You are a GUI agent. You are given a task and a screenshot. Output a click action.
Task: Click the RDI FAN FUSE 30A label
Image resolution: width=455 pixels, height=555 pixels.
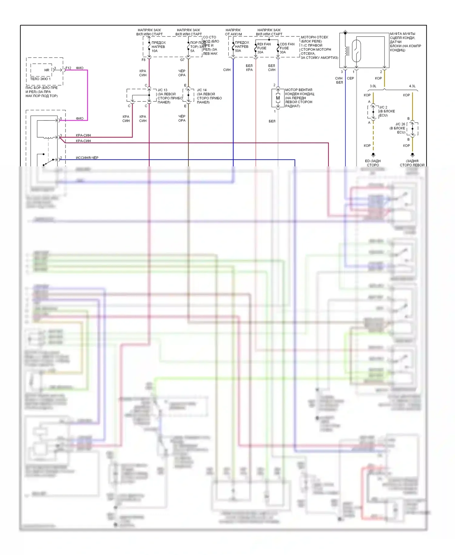[x=264, y=48]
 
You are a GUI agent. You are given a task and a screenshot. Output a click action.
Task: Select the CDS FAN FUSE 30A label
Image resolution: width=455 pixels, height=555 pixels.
[x=287, y=48]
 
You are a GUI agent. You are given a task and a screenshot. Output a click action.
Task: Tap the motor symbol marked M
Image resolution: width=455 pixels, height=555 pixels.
[x=278, y=98]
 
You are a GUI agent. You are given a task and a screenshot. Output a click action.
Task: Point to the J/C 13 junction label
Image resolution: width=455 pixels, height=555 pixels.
[x=162, y=90]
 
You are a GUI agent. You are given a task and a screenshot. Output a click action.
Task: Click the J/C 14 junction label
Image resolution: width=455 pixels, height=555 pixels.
[x=202, y=90]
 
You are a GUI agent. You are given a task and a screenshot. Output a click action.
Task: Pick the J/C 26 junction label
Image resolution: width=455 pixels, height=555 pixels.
[x=400, y=124]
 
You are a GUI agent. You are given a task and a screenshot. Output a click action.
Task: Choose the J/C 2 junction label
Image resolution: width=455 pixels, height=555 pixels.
[x=383, y=107]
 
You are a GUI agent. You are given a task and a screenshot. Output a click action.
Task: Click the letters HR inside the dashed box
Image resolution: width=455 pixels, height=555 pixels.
[x=47, y=70]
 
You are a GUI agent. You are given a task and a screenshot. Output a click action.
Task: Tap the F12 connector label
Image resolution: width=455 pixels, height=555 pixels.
[x=69, y=68]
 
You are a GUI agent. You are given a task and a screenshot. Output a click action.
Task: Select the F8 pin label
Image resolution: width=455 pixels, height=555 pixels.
[x=143, y=60]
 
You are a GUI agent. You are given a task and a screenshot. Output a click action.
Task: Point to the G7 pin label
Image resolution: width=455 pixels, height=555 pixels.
[x=182, y=60]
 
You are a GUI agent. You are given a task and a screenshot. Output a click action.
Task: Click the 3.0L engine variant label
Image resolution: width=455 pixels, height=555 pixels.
[x=373, y=86]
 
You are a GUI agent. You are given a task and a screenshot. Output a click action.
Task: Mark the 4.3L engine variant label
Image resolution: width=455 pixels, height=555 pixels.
[x=412, y=86]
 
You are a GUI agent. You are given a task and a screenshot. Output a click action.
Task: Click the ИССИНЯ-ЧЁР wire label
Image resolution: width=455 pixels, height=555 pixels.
[x=87, y=158]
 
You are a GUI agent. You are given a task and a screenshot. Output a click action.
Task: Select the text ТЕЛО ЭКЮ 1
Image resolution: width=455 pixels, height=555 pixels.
[x=40, y=79]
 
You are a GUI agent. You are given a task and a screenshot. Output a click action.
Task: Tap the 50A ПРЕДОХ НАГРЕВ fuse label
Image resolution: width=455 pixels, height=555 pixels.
[x=241, y=46]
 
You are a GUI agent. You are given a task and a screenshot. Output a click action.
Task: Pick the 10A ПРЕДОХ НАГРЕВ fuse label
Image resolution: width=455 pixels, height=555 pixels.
[x=158, y=46]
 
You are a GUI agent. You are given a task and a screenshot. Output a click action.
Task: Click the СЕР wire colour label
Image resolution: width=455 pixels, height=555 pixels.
[x=350, y=78]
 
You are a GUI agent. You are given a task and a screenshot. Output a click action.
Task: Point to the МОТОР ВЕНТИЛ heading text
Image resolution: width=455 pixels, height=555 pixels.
[x=298, y=90]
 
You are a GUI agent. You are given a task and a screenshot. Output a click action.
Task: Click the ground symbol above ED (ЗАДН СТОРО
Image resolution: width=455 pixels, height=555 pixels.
[x=373, y=155]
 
